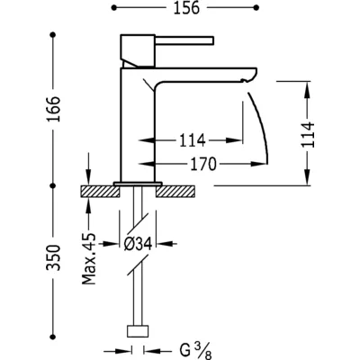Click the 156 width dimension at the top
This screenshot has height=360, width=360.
(186, 8)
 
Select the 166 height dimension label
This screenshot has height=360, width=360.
(53, 109)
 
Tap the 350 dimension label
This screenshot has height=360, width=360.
(53, 257)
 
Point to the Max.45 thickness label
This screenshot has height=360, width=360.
(89, 258)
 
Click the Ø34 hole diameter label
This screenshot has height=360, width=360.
(138, 244)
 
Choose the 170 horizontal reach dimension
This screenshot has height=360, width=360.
(203, 164)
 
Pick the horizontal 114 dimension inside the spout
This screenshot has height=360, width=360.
(193, 140)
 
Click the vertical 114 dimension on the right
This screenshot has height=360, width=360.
(308, 134)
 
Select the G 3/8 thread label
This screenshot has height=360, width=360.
(196, 351)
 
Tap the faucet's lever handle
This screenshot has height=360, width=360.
(184, 40)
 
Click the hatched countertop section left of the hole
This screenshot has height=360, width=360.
(100, 192)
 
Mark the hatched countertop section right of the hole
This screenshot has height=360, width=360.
(175, 192)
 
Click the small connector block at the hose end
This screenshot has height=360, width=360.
(138, 337)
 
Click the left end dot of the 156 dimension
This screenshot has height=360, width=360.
(113, 8)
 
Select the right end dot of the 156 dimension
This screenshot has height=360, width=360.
(256, 8)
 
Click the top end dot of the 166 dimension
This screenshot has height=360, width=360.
(53, 35)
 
